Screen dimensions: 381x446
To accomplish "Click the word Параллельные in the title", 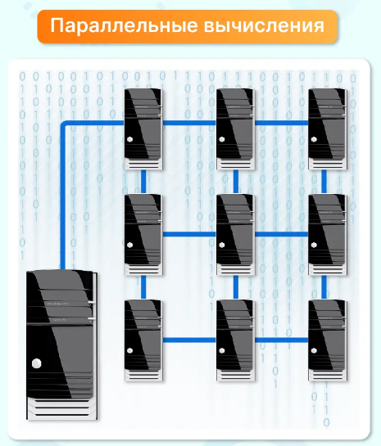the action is [x=124, y=26].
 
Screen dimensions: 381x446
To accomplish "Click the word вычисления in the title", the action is [x=264, y=26].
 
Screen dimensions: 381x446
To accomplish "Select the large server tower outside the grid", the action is [x=62, y=345].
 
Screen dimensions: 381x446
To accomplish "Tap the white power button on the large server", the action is [x=36, y=363].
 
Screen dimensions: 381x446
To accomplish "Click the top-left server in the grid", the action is [x=143, y=129].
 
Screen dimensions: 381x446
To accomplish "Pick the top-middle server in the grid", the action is [x=235, y=129].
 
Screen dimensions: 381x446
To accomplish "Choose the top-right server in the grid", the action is [x=328, y=129].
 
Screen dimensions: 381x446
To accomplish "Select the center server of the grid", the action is [x=235, y=235].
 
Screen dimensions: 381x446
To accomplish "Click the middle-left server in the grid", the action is [x=143, y=235].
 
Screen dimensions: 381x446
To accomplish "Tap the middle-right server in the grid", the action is [x=328, y=235].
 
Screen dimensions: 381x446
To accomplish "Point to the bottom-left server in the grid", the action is [x=143, y=340].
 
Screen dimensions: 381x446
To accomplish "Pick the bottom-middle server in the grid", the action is [x=235, y=340].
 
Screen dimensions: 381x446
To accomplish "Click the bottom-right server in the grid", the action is [x=328, y=340].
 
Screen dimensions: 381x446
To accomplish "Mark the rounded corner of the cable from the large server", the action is [x=63, y=124].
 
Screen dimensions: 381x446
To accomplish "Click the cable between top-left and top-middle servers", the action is [x=189, y=123].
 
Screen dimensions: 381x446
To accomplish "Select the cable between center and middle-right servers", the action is [x=282, y=234].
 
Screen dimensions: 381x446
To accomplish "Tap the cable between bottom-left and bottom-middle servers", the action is [x=189, y=340].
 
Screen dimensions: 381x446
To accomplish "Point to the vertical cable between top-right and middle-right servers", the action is [x=324, y=182].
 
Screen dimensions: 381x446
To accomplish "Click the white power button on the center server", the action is [x=222, y=245].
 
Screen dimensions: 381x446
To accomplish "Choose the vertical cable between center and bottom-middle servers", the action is [x=236, y=287].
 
